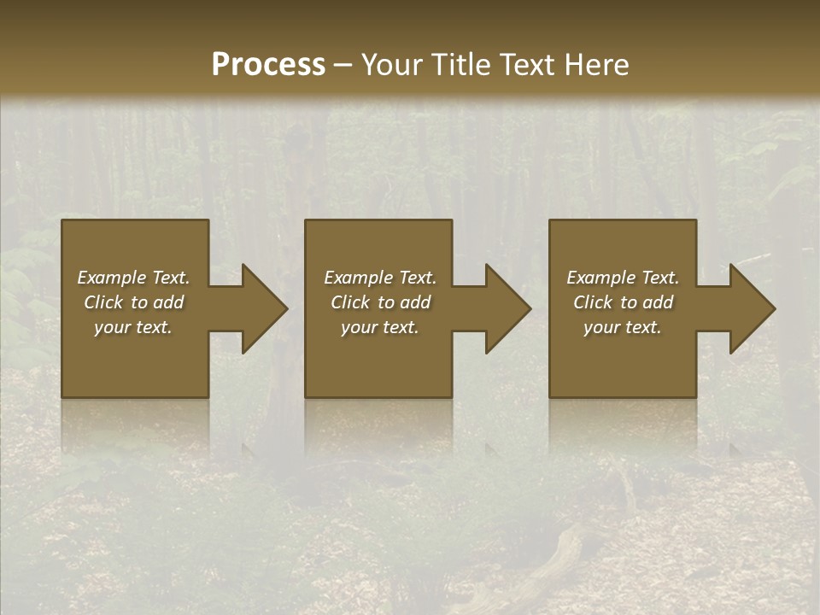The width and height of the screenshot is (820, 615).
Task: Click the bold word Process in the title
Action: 268,65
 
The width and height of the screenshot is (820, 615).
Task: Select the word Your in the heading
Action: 392,65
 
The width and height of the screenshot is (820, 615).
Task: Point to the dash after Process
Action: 343,65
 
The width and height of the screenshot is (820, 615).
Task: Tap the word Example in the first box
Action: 113,278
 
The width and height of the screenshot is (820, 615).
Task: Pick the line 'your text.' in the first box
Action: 133,327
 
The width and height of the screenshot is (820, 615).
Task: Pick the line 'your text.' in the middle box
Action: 380,327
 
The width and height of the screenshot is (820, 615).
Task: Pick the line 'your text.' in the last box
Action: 623,327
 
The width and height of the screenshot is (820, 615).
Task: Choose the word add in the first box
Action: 168,302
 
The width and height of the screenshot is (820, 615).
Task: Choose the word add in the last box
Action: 658,302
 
